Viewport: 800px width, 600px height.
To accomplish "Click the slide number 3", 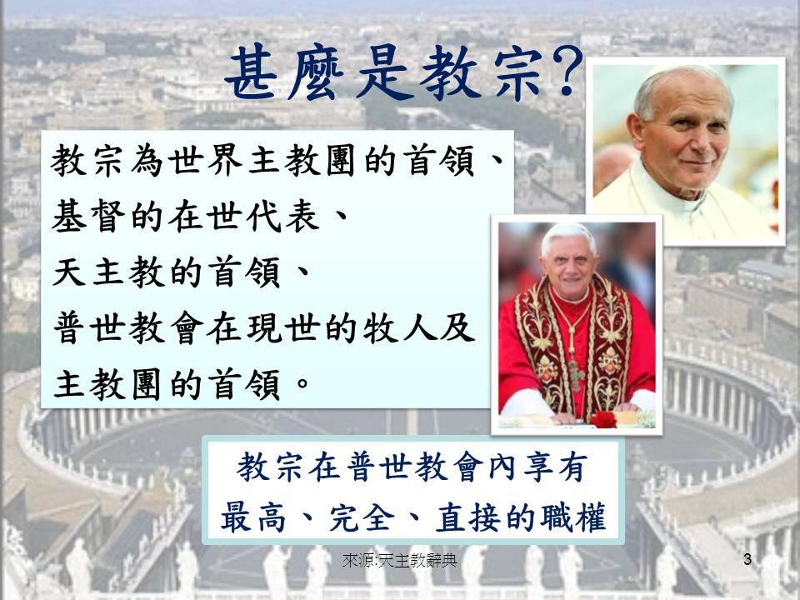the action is (x=747, y=559).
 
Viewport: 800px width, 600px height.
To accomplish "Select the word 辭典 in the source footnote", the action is (x=441, y=561).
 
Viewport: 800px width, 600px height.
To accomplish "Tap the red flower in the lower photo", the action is (x=603, y=419).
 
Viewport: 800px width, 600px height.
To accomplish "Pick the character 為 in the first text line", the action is (x=147, y=160).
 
